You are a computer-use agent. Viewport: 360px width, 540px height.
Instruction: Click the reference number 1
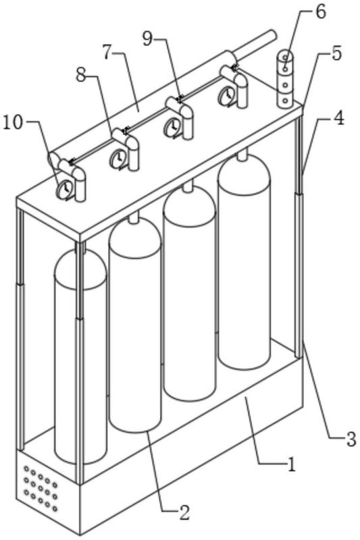[292, 465]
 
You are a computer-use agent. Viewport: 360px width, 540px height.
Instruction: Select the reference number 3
[351, 440]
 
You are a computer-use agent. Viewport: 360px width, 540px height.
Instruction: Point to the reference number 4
[338, 119]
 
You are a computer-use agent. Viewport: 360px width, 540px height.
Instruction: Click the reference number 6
[320, 12]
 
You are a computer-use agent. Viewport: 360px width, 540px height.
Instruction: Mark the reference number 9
[147, 39]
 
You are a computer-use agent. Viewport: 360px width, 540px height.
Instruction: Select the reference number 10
[13, 123]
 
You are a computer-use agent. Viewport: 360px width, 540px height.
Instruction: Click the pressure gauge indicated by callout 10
[64, 189]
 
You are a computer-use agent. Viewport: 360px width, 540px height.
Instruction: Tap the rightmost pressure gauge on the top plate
[226, 94]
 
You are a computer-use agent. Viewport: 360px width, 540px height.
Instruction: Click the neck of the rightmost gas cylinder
[242, 155]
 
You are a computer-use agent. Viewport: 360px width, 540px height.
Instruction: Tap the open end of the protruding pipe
[272, 35]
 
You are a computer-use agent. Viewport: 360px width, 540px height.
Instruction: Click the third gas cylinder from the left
[189, 291]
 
